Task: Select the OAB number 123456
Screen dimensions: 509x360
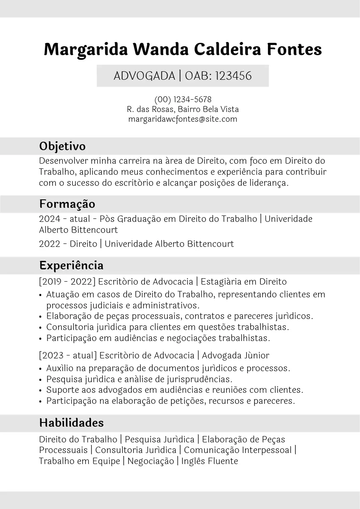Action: (233, 76)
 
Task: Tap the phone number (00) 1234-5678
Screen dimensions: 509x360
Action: (183, 100)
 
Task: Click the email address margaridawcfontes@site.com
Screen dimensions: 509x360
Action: (183, 119)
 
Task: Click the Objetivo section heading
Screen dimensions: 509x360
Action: (62, 146)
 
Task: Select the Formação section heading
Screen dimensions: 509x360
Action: (67, 204)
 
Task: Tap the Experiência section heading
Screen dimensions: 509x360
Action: (71, 266)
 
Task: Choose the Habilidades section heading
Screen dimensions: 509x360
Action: (71, 423)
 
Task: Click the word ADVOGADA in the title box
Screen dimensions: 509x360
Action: (144, 76)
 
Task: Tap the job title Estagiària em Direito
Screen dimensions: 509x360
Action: (243, 282)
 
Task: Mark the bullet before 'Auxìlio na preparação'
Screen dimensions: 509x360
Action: (40, 369)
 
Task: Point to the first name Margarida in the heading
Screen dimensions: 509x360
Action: (86, 50)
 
